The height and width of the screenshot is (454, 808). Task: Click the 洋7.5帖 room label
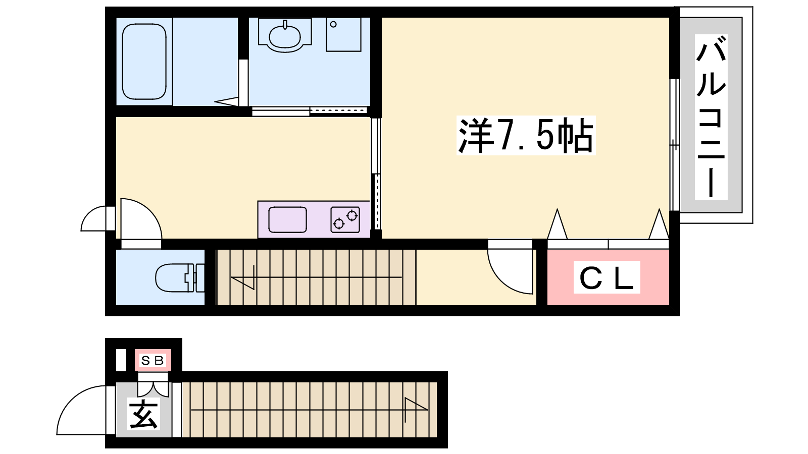526,136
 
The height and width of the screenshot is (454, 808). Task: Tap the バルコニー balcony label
711,117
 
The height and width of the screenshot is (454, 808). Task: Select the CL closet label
607,277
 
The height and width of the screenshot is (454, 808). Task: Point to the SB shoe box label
153,360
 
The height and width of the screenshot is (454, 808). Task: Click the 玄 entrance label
143,414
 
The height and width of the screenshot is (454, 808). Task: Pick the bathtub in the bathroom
144,62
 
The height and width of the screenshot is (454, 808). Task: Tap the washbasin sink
285,35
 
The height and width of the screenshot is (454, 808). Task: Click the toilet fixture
180,277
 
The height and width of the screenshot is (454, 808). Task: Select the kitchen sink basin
287,220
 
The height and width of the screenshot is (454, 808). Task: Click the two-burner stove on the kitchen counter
345,220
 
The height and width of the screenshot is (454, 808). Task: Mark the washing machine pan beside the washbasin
344,35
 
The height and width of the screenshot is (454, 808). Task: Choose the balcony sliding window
675,145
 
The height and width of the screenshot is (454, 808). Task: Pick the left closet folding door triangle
558,224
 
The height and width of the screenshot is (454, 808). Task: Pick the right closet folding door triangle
659,224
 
